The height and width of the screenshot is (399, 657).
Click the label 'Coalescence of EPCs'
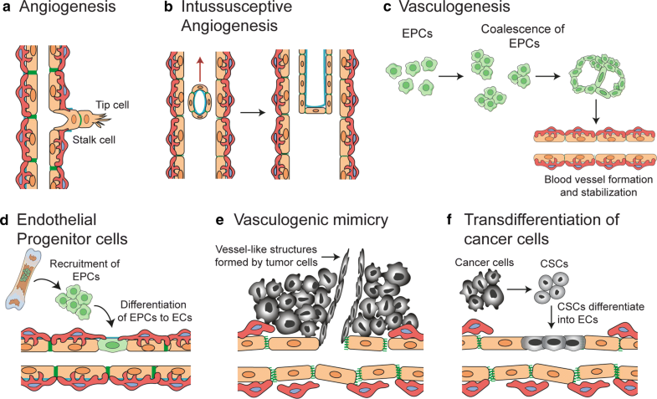[x=511, y=40]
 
